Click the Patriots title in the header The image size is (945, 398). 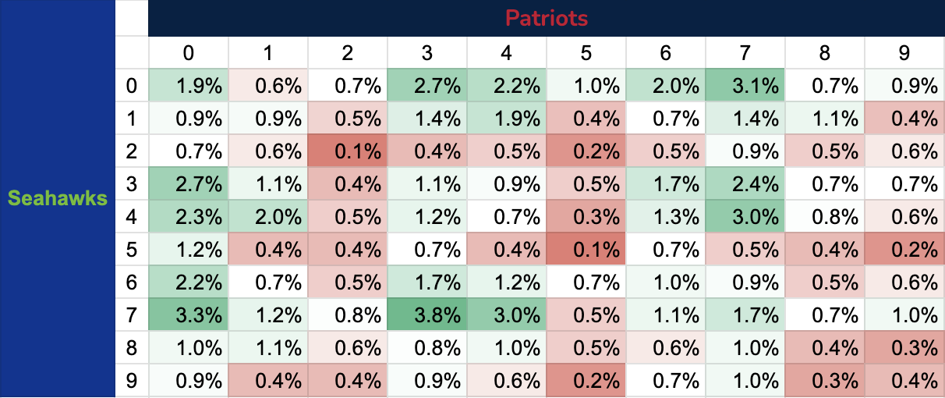click(x=546, y=17)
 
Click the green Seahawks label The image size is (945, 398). click(x=58, y=198)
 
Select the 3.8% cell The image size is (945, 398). click(x=427, y=314)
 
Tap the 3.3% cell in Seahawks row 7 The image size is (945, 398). click(x=188, y=314)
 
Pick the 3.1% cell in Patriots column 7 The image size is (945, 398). click(x=745, y=85)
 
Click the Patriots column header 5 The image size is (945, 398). click(x=586, y=52)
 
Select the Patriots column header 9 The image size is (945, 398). click(x=904, y=52)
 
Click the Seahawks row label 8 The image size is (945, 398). click(x=132, y=348)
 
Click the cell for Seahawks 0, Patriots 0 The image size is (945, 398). click(x=188, y=85)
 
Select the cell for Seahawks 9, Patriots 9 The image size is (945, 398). click(x=904, y=382)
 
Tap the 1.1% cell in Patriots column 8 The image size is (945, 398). click(x=825, y=119)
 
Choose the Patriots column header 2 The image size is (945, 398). click(x=348, y=52)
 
